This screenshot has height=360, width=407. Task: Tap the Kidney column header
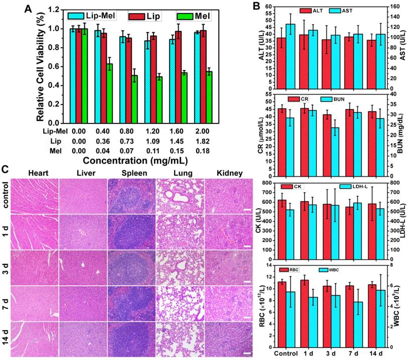pyautogui.click(x=230, y=174)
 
